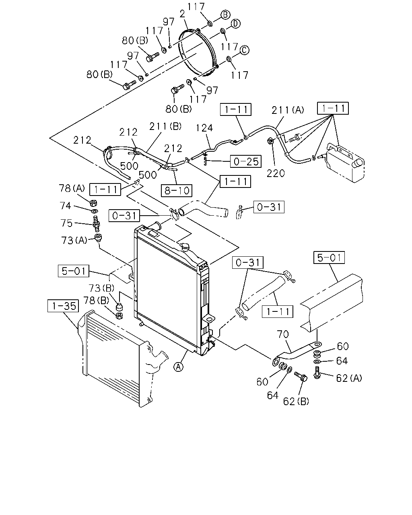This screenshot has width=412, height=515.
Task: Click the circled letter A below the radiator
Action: (x=178, y=367)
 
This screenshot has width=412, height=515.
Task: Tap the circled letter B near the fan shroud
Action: (x=225, y=14)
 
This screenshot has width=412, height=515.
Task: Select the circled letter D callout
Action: (x=235, y=24)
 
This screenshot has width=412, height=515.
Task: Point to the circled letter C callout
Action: (x=244, y=50)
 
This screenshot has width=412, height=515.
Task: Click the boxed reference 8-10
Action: (x=177, y=190)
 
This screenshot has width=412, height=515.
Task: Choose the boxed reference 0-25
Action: (x=245, y=161)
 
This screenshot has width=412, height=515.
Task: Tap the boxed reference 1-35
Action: (x=63, y=306)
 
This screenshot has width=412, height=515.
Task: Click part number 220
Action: (x=276, y=173)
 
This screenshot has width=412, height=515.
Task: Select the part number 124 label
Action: (x=204, y=128)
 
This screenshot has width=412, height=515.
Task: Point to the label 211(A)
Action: (x=288, y=110)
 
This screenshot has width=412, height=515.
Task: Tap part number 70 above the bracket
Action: (x=283, y=334)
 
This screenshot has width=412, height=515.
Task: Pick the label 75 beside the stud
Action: (x=66, y=223)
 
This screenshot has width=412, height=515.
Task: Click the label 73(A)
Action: (x=74, y=240)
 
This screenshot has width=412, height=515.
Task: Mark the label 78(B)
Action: (x=96, y=300)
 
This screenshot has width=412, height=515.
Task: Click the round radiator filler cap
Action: (x=186, y=247)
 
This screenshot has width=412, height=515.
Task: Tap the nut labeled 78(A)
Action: (x=93, y=203)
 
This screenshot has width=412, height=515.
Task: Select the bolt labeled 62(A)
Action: (x=317, y=373)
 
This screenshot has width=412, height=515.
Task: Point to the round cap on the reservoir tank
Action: (x=358, y=163)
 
